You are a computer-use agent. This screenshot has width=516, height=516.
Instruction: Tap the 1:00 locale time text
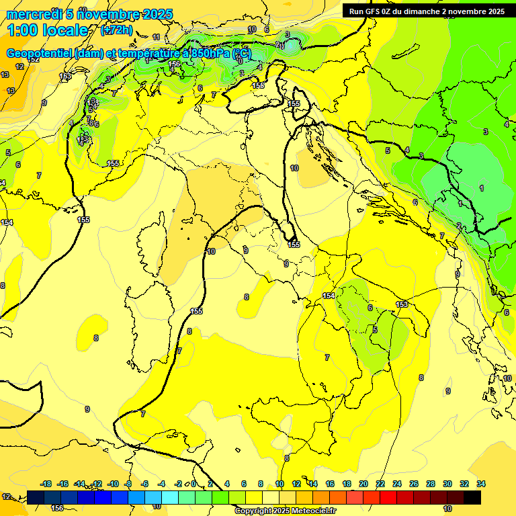47,30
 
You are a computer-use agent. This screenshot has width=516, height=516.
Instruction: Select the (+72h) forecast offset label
116,30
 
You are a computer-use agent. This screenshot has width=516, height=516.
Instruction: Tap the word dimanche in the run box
429,11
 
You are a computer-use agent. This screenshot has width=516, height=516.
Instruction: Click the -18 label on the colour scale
46,484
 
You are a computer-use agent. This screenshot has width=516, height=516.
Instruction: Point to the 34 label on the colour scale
481,484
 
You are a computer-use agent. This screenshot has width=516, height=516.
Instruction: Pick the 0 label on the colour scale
193,484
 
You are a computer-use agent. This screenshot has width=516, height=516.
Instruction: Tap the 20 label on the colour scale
363,484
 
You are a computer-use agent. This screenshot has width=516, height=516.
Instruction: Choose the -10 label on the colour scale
113,484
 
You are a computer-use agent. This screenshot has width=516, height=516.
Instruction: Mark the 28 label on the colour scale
431,484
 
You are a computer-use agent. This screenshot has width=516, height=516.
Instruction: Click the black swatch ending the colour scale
472,497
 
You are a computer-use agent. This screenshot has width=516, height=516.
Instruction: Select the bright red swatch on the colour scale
388,497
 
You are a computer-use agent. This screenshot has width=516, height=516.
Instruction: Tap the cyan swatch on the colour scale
170,497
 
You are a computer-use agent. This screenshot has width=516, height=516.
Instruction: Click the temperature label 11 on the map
156,38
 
